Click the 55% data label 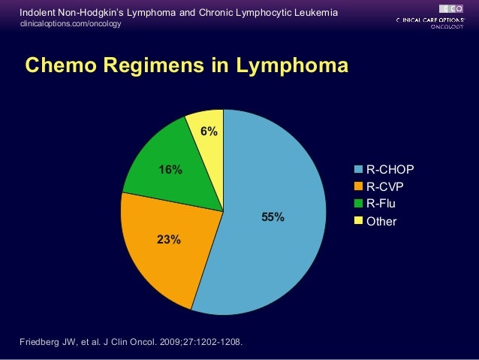[x=273, y=217]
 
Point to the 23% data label [x=168, y=240]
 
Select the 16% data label [x=170, y=169]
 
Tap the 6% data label [x=209, y=132]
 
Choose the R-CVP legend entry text [x=386, y=186]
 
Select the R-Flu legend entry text [x=381, y=204]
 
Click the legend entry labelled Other [x=381, y=222]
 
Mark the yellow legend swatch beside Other [x=359, y=221]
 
